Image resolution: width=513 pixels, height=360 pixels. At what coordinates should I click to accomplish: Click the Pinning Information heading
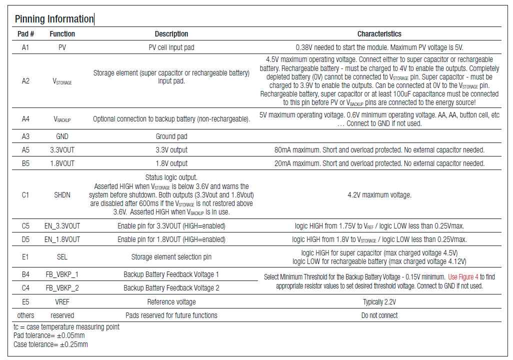pyautogui.click(x=54, y=19)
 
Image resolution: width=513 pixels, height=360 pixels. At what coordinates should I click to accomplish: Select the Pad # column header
pyautogui.click(x=25, y=34)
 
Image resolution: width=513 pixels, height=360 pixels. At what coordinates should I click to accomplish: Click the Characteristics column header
pyautogui.click(x=379, y=34)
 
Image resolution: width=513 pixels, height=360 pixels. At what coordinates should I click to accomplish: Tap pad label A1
pyautogui.click(x=25, y=47)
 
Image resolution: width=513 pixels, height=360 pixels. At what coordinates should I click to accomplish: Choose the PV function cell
pyautogui.click(x=62, y=47)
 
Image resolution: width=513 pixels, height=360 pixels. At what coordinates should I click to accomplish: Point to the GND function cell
pyautogui.click(x=62, y=136)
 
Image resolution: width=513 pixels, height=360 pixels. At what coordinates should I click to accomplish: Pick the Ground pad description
pyautogui.click(x=171, y=136)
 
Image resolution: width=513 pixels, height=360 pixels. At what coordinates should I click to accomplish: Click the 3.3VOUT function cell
pyautogui.click(x=62, y=150)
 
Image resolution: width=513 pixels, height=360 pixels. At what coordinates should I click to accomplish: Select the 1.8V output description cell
pyautogui.click(x=171, y=163)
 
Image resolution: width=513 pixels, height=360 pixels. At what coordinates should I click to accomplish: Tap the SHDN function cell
pyautogui.click(x=62, y=195)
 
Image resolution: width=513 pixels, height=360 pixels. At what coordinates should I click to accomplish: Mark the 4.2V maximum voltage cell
pyautogui.click(x=379, y=195)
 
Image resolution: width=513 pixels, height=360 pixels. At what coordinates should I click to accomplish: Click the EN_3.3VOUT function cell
pyautogui.click(x=62, y=226)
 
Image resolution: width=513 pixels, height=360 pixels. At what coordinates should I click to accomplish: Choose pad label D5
pyautogui.click(x=25, y=239)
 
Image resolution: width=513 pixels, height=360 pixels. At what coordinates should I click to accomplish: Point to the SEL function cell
pyautogui.click(x=62, y=257)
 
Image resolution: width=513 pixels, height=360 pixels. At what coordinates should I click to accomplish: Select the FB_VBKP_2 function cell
pyautogui.click(x=62, y=288)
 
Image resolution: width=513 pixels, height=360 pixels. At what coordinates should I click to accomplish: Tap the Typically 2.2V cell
pyautogui.click(x=379, y=302)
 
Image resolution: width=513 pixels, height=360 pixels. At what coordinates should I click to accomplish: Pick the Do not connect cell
pyautogui.click(x=379, y=315)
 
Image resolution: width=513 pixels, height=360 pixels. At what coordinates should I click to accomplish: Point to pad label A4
pyautogui.click(x=25, y=119)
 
